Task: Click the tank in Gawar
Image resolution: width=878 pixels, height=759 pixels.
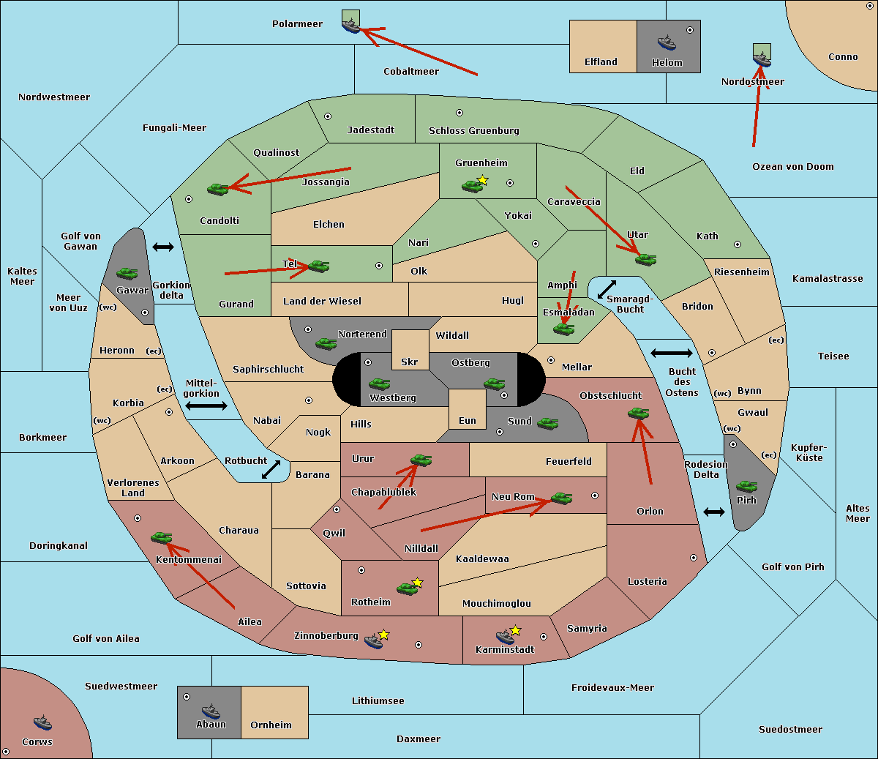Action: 127,273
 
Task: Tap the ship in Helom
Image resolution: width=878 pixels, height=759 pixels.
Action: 666,42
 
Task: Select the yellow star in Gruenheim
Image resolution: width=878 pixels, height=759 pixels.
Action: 482,180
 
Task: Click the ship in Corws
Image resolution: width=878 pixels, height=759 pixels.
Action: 42,723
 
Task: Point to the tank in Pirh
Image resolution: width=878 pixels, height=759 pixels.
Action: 746,487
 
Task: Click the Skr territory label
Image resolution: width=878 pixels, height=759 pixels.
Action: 410,362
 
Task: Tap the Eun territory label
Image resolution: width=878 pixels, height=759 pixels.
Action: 468,420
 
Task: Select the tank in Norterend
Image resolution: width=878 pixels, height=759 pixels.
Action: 326,343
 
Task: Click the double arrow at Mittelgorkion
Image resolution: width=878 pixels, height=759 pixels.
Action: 206,405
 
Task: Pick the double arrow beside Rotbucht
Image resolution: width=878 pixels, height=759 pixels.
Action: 271,469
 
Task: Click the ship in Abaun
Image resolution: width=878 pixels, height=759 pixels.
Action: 211,711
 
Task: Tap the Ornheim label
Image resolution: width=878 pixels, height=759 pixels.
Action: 271,725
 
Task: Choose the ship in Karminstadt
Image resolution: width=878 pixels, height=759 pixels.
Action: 505,636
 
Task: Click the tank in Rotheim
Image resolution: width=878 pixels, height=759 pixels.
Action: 407,588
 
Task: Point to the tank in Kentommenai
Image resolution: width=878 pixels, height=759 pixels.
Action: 161,537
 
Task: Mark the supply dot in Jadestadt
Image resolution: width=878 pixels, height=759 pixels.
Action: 328,116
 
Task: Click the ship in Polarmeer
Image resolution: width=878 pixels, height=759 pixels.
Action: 351,26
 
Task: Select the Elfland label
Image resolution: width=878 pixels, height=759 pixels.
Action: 601,61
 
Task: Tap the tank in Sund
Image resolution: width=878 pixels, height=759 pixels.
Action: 547,423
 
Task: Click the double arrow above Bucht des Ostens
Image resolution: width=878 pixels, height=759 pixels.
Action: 671,354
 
